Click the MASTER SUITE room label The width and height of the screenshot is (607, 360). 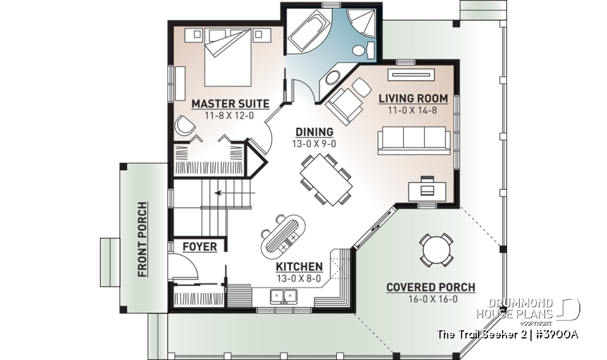[x=230, y=103]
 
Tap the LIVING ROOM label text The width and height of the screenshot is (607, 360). [x=413, y=99]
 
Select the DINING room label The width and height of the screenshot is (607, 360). [x=314, y=132]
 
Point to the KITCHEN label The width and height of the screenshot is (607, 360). [x=299, y=266]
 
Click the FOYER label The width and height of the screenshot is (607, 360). [x=199, y=247]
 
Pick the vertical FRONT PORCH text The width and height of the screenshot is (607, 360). [x=142, y=240]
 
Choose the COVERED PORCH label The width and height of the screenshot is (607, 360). [x=431, y=288]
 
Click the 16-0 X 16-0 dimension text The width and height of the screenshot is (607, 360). [x=431, y=299]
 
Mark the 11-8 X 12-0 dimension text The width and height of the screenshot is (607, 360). [x=230, y=116]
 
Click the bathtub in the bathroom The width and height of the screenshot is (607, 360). [x=308, y=34]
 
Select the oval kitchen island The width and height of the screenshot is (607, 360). [x=283, y=232]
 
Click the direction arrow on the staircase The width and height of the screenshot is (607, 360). [x=222, y=193]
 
